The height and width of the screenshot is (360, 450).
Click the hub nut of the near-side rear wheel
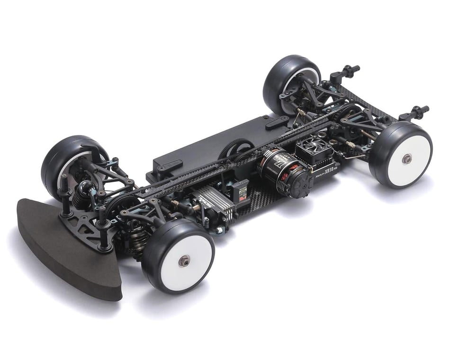pos(406,159)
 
